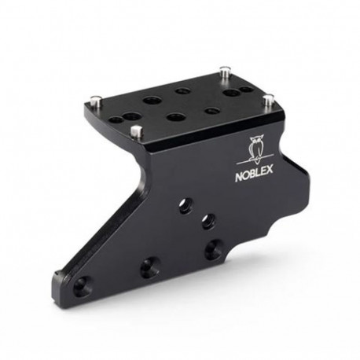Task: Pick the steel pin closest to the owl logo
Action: [267, 99]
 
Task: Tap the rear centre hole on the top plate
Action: [182, 91]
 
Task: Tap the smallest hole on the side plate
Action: [206, 220]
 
